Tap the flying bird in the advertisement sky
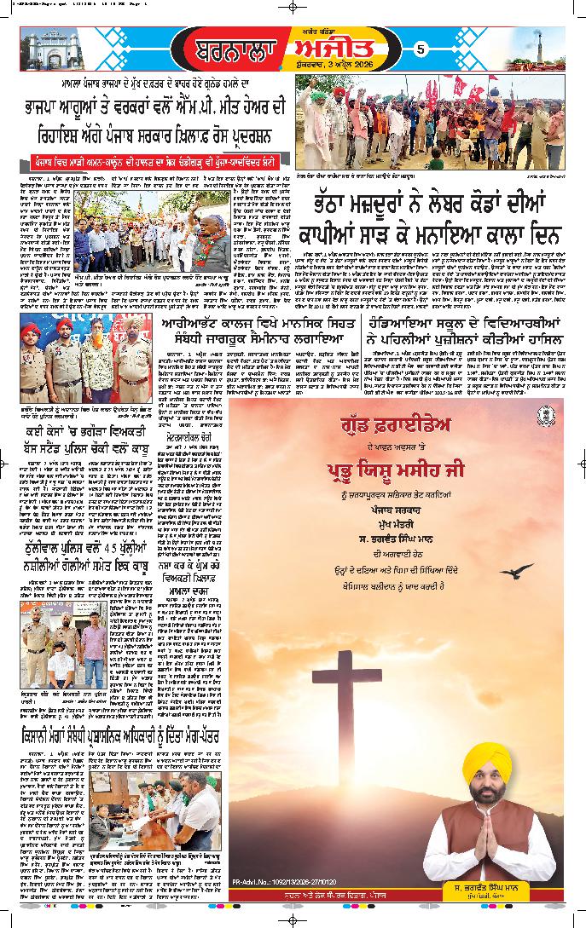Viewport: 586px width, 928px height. tap(518, 570)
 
